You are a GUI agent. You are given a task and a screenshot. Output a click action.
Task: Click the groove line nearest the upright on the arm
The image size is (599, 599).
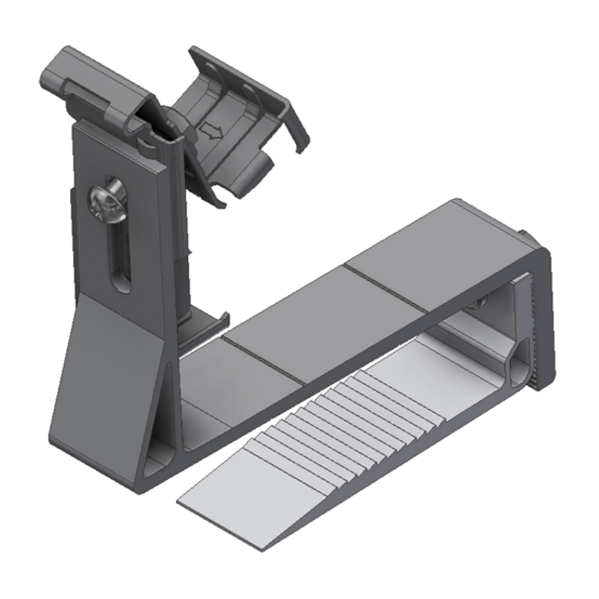[263, 360]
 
